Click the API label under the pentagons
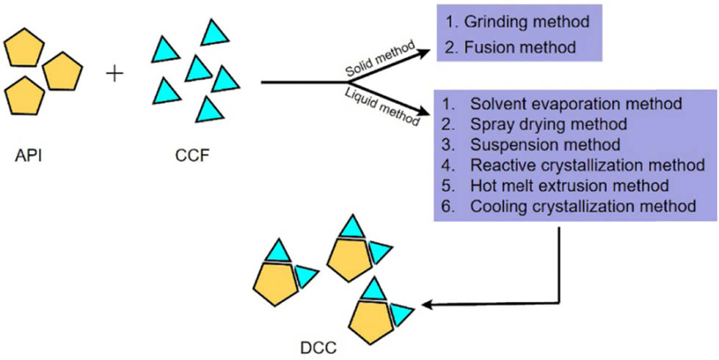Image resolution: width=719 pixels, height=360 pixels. [x=26, y=156]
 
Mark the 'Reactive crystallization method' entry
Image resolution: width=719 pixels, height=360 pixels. [x=584, y=164]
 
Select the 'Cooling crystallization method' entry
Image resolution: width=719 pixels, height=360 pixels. [x=583, y=206]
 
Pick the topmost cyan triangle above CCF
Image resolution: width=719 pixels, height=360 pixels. [x=215, y=32]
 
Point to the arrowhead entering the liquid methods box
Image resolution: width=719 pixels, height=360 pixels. [x=424, y=113]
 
